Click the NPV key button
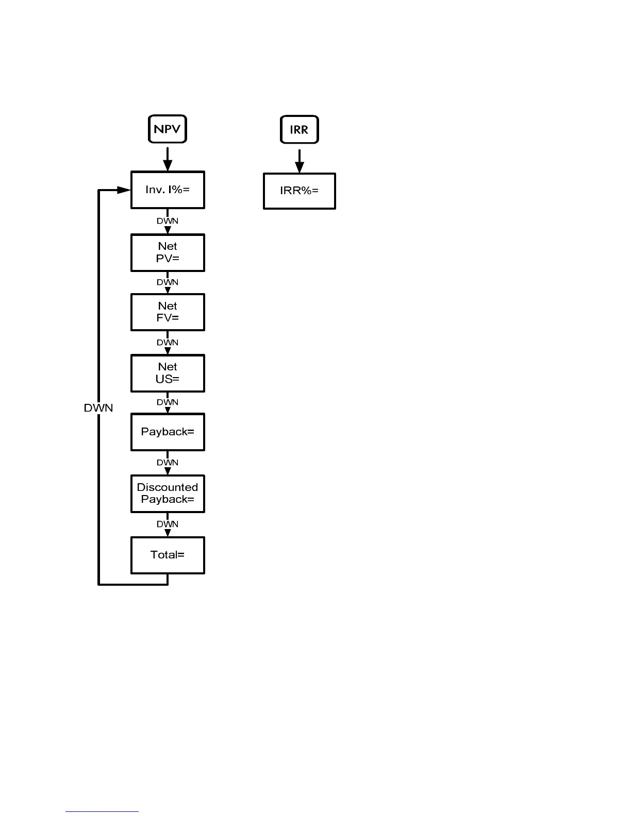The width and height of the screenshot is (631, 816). coord(168,129)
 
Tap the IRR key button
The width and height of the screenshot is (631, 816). coord(299,129)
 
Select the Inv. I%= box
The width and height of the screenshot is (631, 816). coord(168,190)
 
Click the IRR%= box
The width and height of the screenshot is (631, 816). coord(299,191)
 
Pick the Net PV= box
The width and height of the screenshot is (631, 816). coord(168,252)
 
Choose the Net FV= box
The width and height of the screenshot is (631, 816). coord(168,312)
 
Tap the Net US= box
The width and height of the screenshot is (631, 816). coord(168,373)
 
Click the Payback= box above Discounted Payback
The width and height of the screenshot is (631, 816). coord(168,432)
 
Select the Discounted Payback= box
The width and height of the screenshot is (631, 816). coord(168,494)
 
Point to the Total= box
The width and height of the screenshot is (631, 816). coord(168,555)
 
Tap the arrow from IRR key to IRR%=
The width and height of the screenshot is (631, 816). coord(299,161)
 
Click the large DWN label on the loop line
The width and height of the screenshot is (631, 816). coord(98,408)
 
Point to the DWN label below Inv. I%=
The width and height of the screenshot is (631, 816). coord(168,221)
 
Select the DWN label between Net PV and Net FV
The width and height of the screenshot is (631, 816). coord(168,282)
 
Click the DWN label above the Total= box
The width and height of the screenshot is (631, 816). coord(168,524)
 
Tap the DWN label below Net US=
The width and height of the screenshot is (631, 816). coord(168,402)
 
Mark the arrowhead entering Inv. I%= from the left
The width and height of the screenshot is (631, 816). coord(124,190)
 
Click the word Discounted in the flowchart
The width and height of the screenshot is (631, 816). coord(168,487)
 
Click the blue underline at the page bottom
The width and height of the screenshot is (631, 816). coord(102,811)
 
